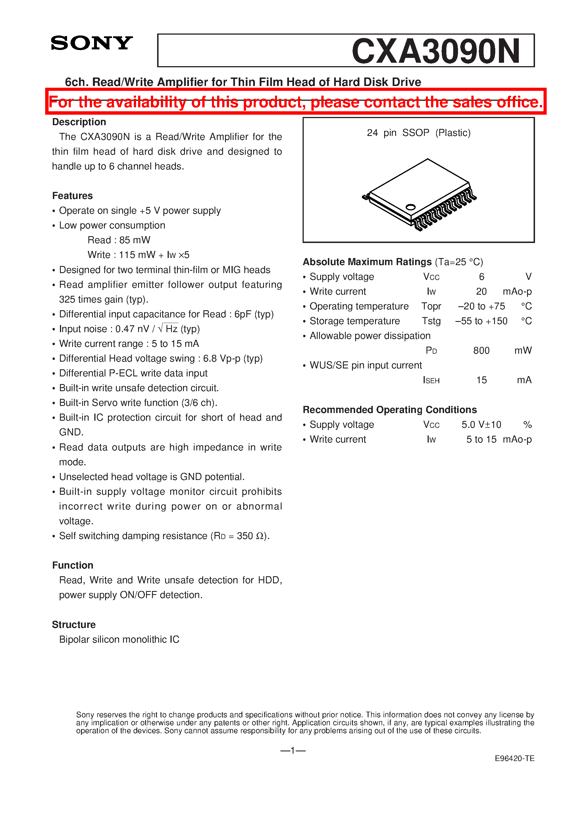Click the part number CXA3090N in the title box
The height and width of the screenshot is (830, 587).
(x=436, y=51)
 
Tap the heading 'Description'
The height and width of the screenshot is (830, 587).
(x=79, y=122)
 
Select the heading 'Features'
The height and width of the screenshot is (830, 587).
(x=72, y=196)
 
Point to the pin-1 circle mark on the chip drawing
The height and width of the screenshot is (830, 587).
(x=410, y=207)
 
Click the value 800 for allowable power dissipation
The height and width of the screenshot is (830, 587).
(x=481, y=351)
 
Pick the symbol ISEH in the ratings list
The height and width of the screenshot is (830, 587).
(x=431, y=380)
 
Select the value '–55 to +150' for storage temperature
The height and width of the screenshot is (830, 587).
(x=481, y=321)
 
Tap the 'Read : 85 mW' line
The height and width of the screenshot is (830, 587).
(x=119, y=240)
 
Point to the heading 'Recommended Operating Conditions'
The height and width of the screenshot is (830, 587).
(x=390, y=410)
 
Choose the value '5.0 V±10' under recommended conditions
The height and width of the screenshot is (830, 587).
(x=481, y=425)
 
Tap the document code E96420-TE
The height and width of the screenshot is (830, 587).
(x=514, y=759)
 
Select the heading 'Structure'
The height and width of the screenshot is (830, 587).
(x=74, y=625)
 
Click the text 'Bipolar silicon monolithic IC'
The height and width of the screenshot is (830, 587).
(x=119, y=640)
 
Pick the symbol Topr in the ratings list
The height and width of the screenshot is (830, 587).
(x=431, y=307)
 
